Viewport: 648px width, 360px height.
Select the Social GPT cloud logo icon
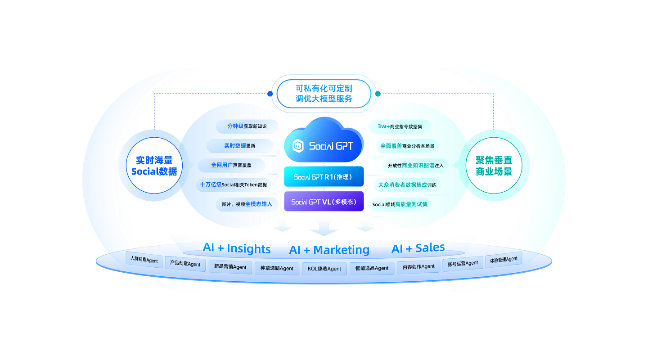[298, 146]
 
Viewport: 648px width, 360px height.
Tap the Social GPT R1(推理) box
[324, 177]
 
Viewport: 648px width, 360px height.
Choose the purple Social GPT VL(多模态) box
[324, 202]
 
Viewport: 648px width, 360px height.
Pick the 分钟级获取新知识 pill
[247, 126]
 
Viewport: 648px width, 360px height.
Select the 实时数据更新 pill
[240, 146]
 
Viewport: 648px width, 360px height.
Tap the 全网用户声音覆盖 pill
[231, 165]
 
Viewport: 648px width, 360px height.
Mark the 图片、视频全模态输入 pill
[247, 204]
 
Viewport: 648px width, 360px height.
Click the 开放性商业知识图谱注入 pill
[415, 165]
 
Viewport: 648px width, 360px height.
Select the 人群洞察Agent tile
[144, 260]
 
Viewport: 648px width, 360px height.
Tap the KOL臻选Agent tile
[324, 269]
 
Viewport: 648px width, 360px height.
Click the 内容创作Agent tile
[418, 266]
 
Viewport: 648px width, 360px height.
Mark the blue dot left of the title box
[270, 94]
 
